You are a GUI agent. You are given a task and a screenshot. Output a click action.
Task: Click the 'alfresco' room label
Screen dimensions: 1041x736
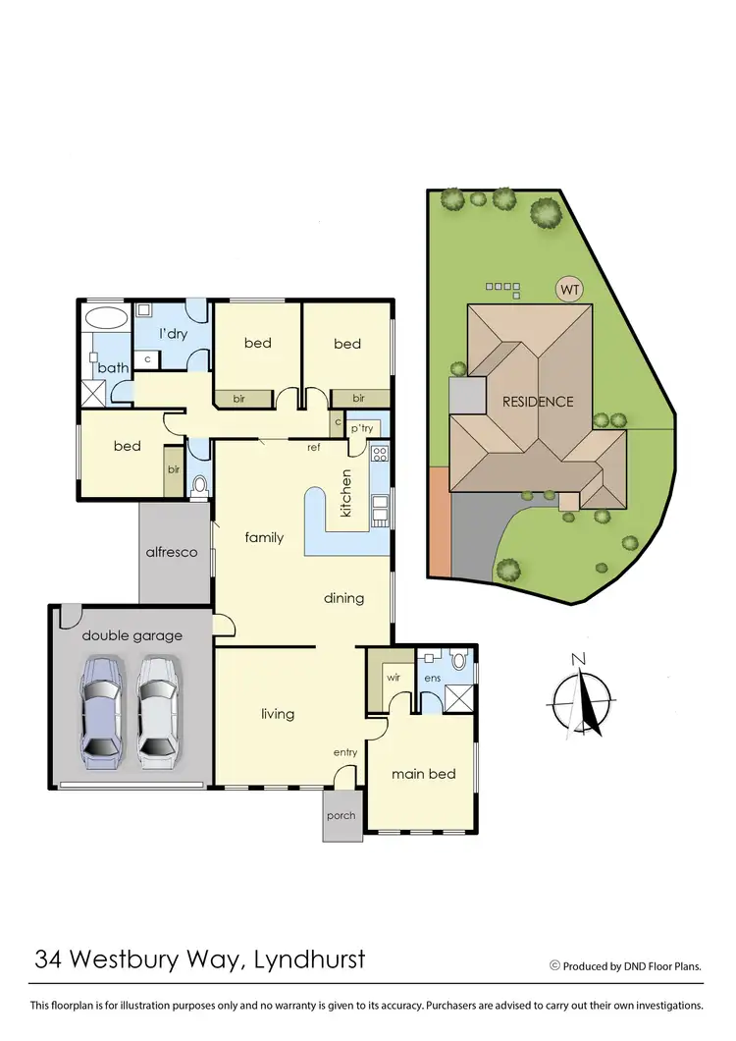(173, 552)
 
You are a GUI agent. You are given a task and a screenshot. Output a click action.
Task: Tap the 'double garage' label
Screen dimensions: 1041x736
(131, 635)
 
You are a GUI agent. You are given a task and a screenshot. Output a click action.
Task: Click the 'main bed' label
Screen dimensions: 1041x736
(424, 774)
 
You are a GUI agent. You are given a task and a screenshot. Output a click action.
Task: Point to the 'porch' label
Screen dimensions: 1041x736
(341, 816)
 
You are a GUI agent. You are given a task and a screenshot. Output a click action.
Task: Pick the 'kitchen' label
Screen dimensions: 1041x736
(345, 493)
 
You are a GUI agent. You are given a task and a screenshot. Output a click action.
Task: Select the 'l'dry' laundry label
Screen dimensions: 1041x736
(174, 334)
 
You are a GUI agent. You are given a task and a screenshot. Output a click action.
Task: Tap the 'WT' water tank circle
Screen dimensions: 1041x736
(568, 290)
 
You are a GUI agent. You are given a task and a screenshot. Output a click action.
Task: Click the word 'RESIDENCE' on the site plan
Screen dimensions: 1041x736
(537, 402)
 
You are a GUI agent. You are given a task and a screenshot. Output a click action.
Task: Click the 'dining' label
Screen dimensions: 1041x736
(343, 598)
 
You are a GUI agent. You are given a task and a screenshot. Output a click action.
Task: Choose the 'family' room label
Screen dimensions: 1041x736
(264, 537)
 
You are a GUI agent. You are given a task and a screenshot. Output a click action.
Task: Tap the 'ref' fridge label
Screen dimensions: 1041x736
(314, 448)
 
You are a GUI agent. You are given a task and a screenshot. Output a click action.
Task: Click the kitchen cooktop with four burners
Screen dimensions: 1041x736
(380, 455)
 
